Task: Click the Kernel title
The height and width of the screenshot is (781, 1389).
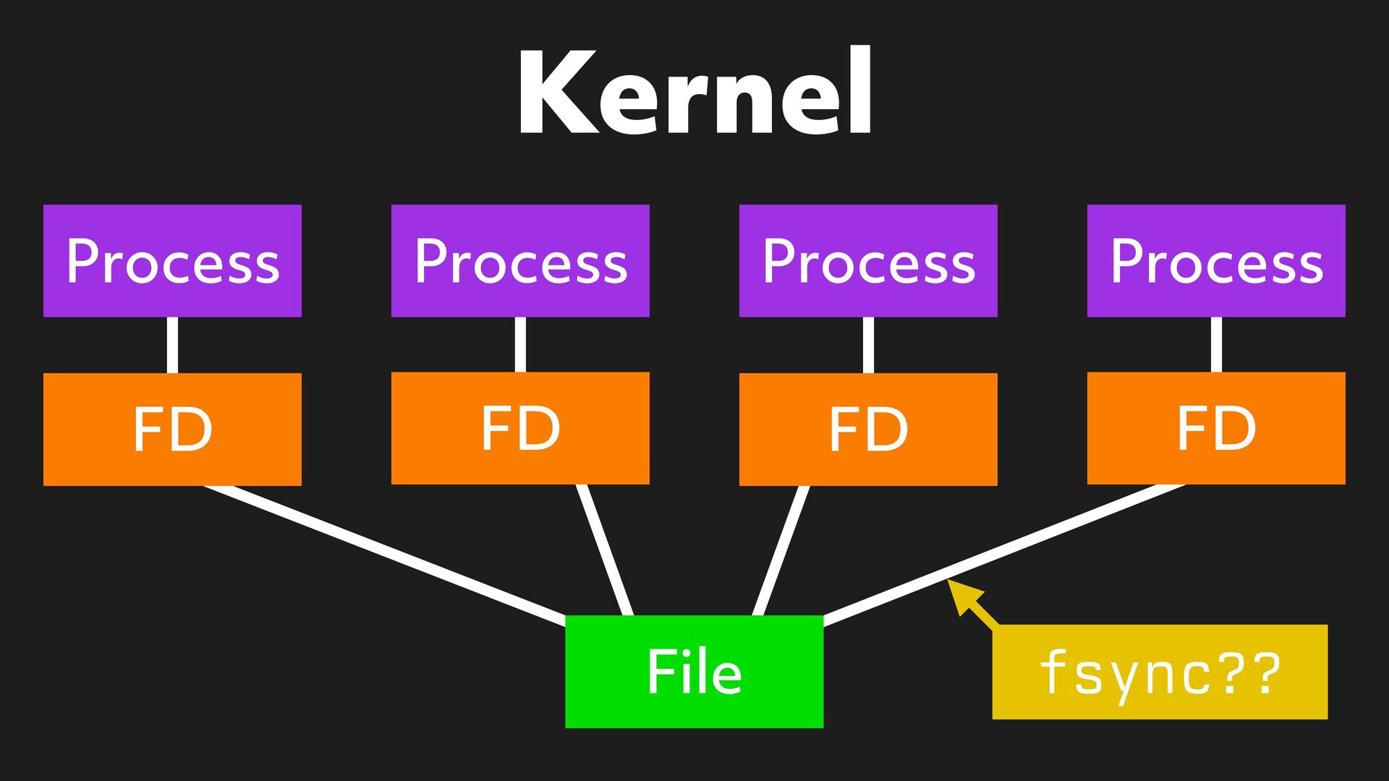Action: [694, 93]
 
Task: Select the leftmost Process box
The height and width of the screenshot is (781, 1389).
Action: [172, 261]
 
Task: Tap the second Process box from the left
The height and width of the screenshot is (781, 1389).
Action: [520, 261]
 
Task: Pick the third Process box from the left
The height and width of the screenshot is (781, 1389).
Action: [868, 261]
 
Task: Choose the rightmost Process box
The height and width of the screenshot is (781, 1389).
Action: [1216, 261]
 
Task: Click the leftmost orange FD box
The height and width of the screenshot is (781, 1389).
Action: [172, 430]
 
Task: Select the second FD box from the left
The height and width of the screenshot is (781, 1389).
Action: [520, 428]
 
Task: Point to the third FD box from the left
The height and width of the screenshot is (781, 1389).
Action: [868, 430]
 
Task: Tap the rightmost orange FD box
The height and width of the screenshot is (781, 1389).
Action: [1216, 428]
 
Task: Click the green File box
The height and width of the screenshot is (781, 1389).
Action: [694, 672]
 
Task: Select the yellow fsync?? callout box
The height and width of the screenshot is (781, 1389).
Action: [1160, 672]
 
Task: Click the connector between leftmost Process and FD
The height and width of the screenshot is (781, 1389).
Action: [172, 345]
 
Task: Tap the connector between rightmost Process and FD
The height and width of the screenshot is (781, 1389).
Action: [1216, 345]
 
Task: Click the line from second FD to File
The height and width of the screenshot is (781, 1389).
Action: [605, 550]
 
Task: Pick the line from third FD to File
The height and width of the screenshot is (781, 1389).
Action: [781, 550]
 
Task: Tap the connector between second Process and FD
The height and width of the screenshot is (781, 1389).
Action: [520, 345]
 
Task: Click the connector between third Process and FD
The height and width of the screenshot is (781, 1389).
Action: [868, 345]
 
